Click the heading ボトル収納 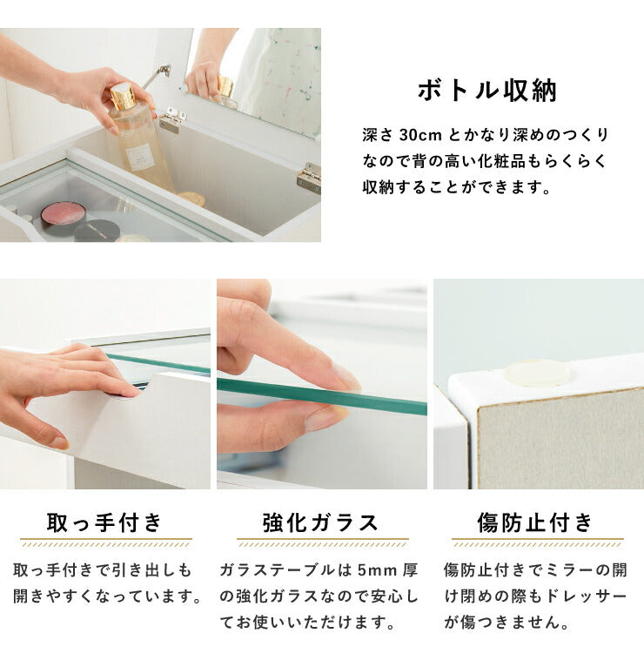click(x=486, y=91)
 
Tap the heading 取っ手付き click(x=104, y=522)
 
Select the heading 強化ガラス click(x=320, y=522)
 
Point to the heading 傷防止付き click(x=535, y=522)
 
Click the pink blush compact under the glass click(x=64, y=212)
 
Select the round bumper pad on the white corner click(x=537, y=373)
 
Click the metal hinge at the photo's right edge click(x=310, y=178)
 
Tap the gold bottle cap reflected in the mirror click(x=225, y=86)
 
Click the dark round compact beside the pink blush click(x=97, y=230)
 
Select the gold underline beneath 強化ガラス click(x=322, y=542)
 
